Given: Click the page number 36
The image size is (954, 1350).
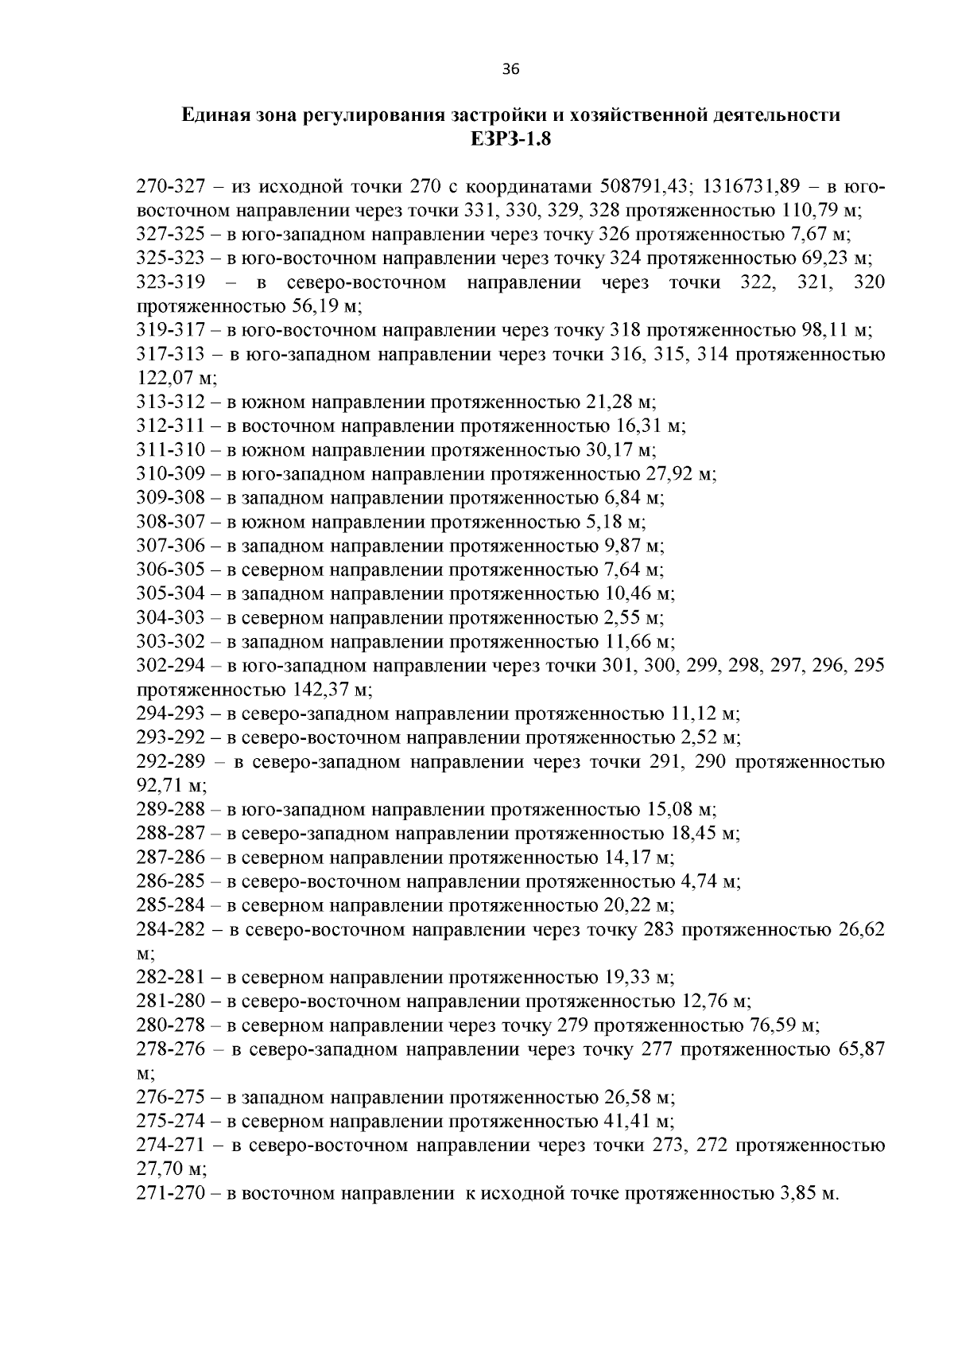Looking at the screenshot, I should pos(510,70).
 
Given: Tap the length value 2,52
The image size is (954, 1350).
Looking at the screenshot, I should pos(696,737).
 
